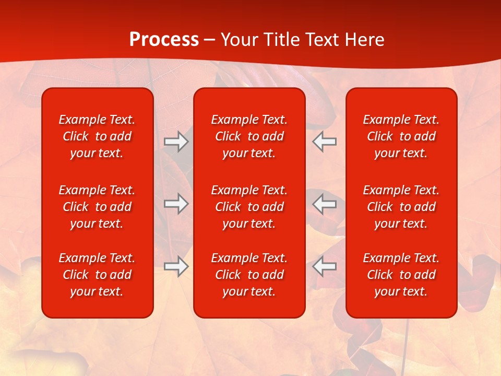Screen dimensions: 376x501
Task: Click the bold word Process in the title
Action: pyautogui.click(x=164, y=40)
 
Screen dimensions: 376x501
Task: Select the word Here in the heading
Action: pyautogui.click(x=365, y=40)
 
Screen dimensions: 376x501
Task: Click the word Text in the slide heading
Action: pyautogui.click(x=323, y=40)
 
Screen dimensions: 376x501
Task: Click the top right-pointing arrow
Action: pyautogui.click(x=176, y=142)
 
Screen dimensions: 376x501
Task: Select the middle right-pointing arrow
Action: pyautogui.click(x=176, y=204)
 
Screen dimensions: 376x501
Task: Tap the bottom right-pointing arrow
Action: pyautogui.click(x=176, y=266)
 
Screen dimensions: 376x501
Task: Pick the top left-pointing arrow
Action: pyautogui.click(x=324, y=142)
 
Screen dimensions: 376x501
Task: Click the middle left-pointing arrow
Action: pyautogui.click(x=324, y=204)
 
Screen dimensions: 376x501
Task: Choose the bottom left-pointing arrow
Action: pyautogui.click(x=324, y=266)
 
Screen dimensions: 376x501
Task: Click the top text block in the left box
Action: pyautogui.click(x=97, y=136)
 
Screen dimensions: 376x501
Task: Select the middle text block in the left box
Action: pyautogui.click(x=97, y=207)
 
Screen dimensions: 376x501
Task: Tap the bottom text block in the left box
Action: pyautogui.click(x=97, y=275)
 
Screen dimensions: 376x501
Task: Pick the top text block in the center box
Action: pyautogui.click(x=249, y=136)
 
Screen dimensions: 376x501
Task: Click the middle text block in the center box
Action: pyautogui.click(x=249, y=207)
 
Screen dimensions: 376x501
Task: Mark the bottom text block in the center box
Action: pyautogui.click(x=249, y=275)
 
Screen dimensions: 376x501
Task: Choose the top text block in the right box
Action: pyautogui.click(x=401, y=136)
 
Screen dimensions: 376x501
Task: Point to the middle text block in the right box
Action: pyautogui.click(x=401, y=207)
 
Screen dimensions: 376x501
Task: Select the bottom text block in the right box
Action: pyautogui.click(x=401, y=275)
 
